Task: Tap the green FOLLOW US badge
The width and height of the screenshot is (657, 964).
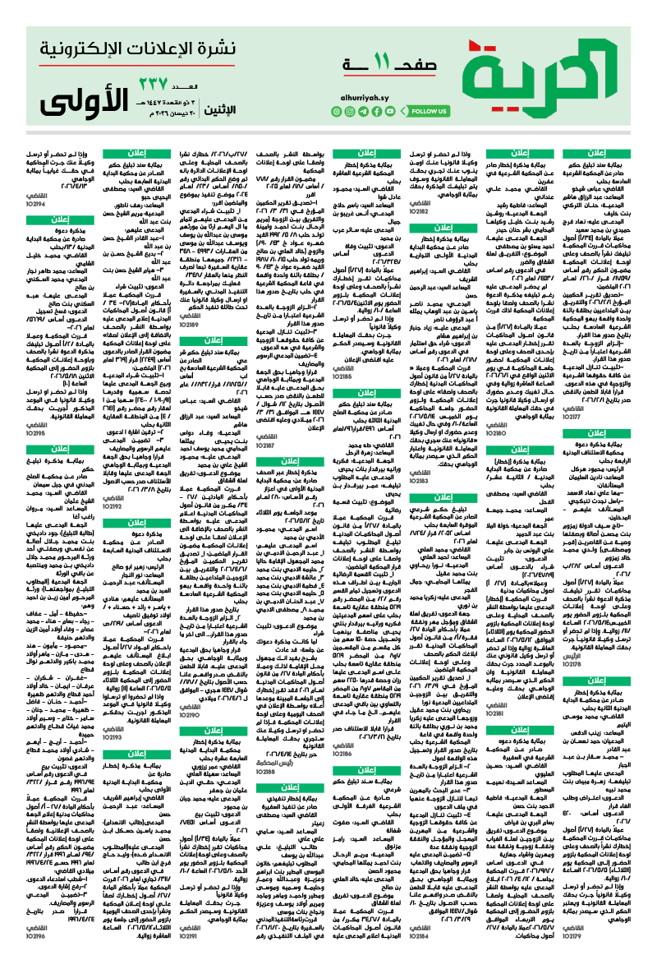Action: (x=428, y=111)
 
